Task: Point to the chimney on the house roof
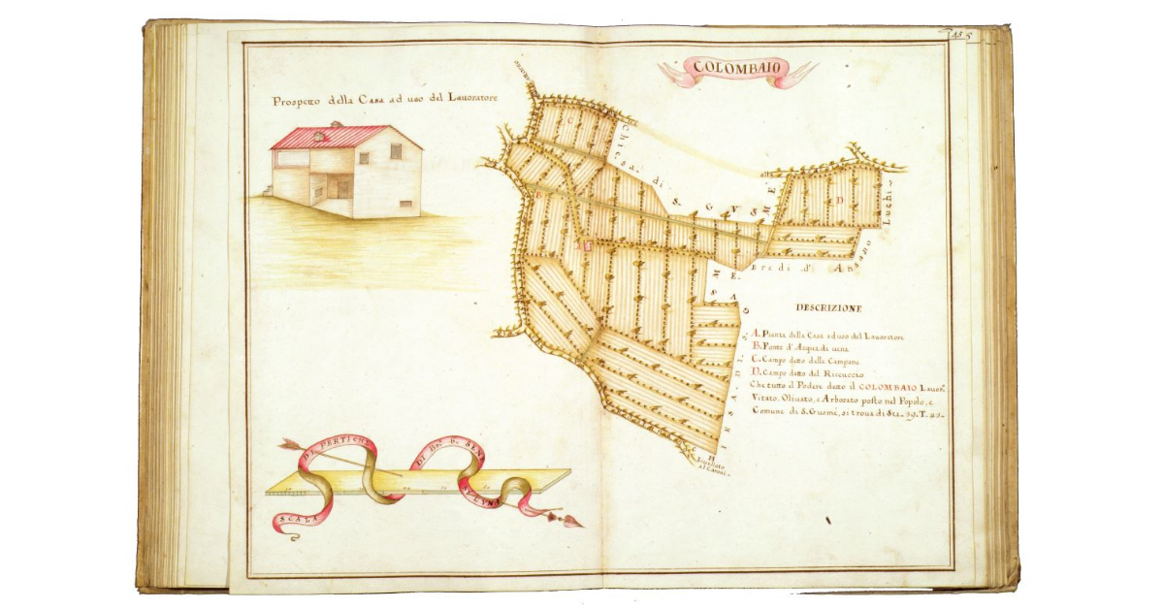tap(336, 125)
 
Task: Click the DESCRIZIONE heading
tap(827, 308)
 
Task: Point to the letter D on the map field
tap(841, 199)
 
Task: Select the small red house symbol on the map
tap(585, 245)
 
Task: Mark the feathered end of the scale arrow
tap(285, 446)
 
